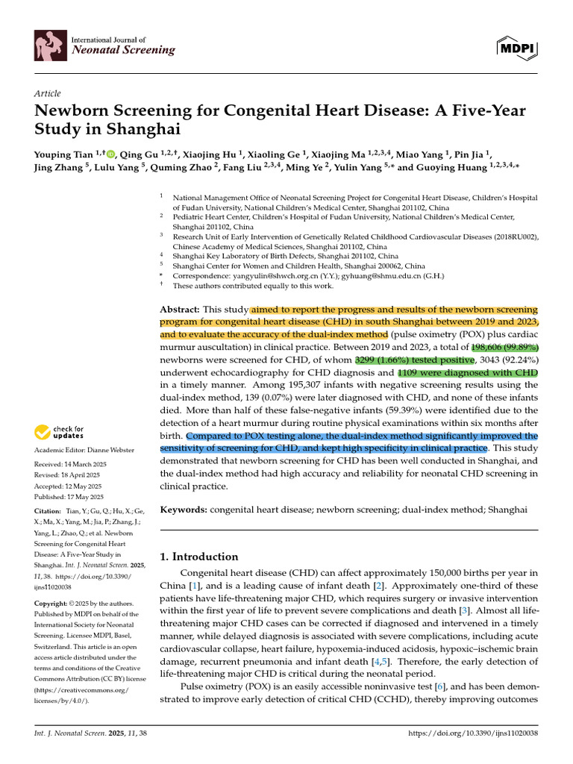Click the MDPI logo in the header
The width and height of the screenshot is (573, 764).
point(517,48)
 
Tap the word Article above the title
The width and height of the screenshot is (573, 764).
point(47,93)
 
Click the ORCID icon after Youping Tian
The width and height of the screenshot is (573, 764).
point(111,155)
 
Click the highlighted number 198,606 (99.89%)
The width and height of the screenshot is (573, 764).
point(504,348)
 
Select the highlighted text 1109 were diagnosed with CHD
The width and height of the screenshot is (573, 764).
point(468,372)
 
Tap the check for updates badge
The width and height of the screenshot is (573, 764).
point(59,433)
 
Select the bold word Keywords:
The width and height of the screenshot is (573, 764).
point(184,509)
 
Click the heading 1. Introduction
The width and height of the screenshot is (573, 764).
point(200,557)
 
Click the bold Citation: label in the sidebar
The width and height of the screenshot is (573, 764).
point(48,512)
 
